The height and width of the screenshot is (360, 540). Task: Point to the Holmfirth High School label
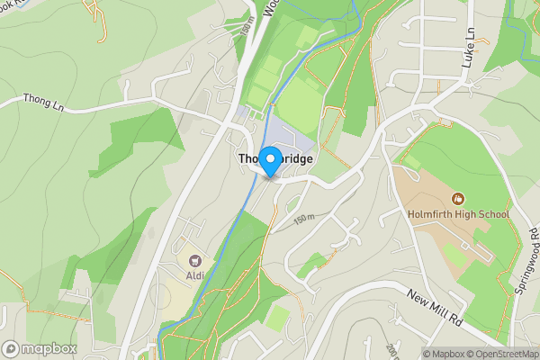coord(457,214)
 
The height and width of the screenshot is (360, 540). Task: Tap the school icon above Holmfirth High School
coord(457,199)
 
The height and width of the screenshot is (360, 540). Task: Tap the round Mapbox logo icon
coord(11,348)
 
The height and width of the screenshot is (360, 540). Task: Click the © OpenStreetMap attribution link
coord(504,354)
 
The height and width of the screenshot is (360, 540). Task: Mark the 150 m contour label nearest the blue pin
coord(304,219)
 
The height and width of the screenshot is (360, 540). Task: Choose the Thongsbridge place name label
coord(275,158)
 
